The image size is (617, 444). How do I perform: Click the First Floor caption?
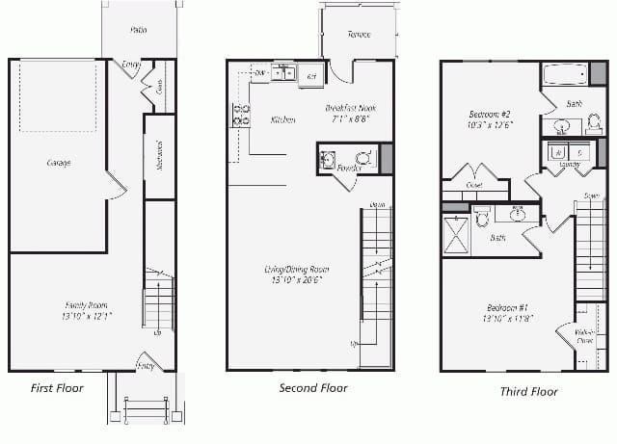pyautogui.click(x=56, y=388)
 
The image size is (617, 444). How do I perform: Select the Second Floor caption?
pyautogui.click(x=313, y=388)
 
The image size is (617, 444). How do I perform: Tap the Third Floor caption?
pyautogui.click(x=528, y=391)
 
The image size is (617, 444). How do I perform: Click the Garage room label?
pyautogui.click(x=59, y=163)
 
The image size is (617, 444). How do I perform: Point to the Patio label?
pyautogui.click(x=139, y=31)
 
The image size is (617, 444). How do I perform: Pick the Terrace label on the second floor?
pyautogui.click(x=359, y=35)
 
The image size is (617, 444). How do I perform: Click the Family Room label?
pyautogui.click(x=87, y=310)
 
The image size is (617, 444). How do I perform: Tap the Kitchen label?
pyautogui.click(x=283, y=120)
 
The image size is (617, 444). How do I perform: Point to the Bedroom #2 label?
pyautogui.click(x=489, y=119)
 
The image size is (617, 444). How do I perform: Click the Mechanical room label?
pyautogui.click(x=159, y=156)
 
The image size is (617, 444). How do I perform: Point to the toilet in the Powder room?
pyautogui.click(x=363, y=158)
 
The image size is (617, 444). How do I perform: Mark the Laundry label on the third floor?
pyautogui.click(x=569, y=164)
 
